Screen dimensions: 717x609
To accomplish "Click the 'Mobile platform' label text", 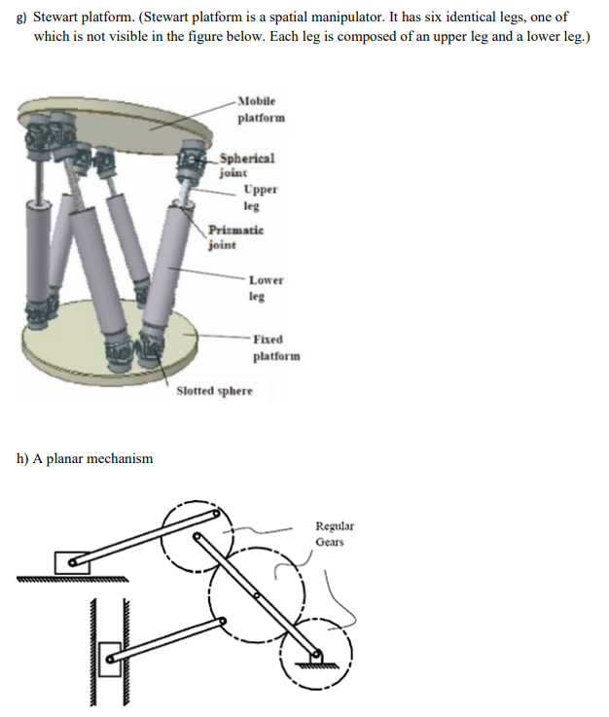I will [x=256, y=109].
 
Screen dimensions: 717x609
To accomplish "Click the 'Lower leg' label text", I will [x=265, y=288].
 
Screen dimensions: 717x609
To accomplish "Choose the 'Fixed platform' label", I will [x=275, y=347].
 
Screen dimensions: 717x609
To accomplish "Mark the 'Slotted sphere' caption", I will [x=214, y=391].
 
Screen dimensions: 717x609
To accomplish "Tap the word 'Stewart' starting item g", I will [x=55, y=18].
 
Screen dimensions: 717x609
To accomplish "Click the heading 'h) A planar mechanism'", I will [x=85, y=458].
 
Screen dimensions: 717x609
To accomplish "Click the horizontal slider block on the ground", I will [x=71, y=562].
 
